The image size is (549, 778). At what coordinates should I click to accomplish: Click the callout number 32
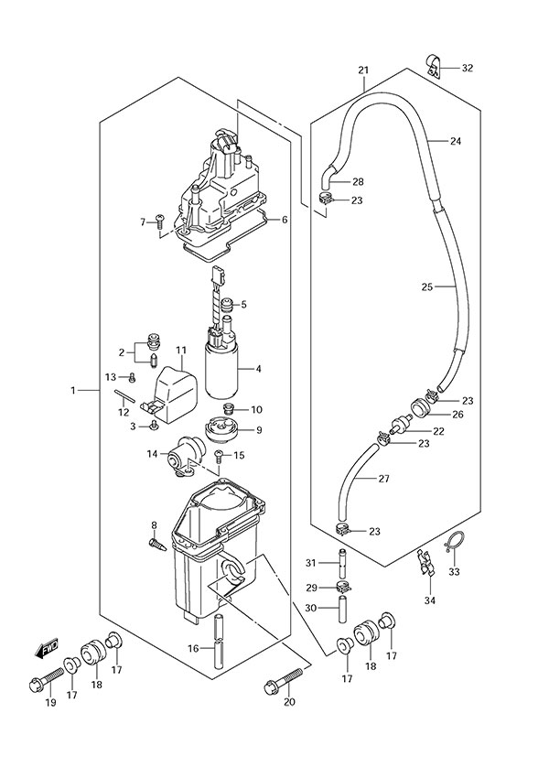(468, 68)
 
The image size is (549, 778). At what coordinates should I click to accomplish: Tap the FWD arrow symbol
(47, 650)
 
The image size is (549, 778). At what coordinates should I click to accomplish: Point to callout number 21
(363, 70)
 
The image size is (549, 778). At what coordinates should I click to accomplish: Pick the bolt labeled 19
(48, 682)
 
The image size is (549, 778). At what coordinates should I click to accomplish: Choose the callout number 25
(426, 287)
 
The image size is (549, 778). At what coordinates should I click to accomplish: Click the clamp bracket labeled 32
(434, 65)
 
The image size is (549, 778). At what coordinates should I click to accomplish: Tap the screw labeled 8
(156, 544)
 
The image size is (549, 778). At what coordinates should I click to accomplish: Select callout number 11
(181, 350)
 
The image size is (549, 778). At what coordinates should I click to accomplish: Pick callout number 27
(383, 479)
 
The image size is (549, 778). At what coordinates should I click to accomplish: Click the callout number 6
(285, 220)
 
